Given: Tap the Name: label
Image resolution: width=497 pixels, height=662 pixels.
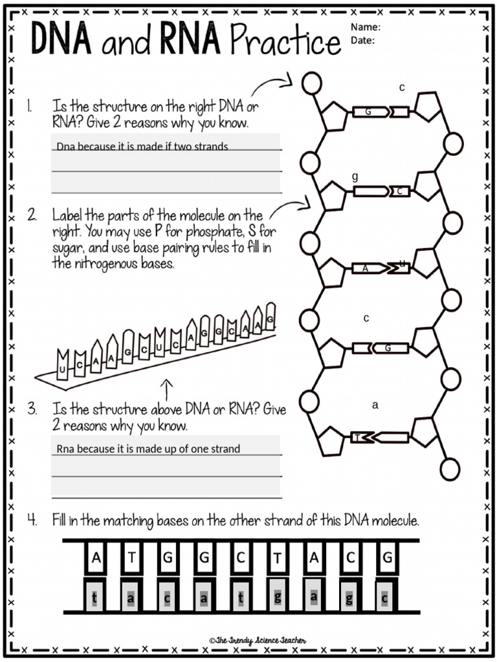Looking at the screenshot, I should click(366, 27).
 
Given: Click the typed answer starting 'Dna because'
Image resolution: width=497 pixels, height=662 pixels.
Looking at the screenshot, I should click(142, 147).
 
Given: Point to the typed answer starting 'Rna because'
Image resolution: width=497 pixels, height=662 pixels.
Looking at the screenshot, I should click(148, 449).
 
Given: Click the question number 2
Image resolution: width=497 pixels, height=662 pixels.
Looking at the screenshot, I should click(32, 215).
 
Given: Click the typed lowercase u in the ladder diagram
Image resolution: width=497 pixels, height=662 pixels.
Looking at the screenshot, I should click(402, 263).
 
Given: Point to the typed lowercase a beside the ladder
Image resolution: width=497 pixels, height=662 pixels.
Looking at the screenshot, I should click(375, 406).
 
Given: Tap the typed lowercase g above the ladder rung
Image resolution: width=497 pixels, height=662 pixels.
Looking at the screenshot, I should click(355, 176).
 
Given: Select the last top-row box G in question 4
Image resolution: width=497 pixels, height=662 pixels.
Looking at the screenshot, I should click(386, 558).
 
